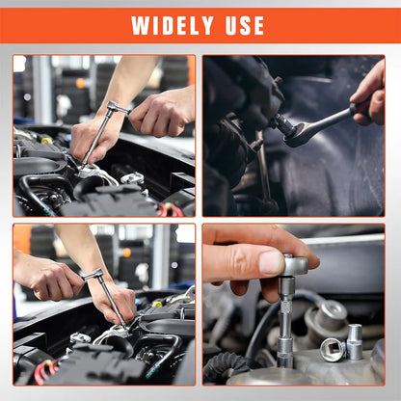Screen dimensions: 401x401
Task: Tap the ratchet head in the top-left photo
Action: [x=116, y=108]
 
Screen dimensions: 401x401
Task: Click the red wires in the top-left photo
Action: [x=173, y=208]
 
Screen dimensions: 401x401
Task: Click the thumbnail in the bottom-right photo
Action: [x=271, y=261]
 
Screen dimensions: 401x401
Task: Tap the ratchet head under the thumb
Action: [x=294, y=264]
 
